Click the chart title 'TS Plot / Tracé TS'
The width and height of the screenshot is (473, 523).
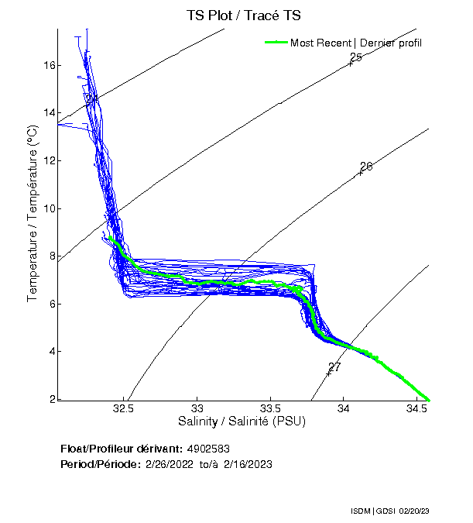[x=244, y=15]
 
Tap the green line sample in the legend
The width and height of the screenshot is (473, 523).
[x=276, y=42]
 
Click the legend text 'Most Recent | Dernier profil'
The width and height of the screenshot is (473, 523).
[x=356, y=43]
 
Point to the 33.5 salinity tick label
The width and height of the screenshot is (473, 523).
[x=270, y=408]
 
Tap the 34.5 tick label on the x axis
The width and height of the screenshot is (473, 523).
[x=417, y=408]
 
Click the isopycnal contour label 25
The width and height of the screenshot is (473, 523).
[x=356, y=58]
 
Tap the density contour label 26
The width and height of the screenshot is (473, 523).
[x=366, y=167]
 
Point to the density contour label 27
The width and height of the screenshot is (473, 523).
[x=334, y=367]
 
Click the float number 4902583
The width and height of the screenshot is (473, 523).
[x=208, y=449]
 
